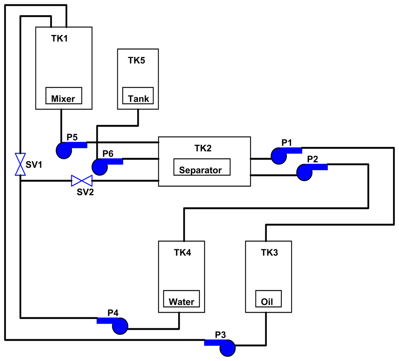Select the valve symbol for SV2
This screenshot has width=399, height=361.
coord(81,181)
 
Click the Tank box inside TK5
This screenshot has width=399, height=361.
coord(138,95)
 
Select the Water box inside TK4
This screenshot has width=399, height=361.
coord(181,299)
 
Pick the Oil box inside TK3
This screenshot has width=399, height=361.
coord(268,299)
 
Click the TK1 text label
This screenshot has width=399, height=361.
coord(59,39)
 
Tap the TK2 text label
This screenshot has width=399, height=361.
coord(203,148)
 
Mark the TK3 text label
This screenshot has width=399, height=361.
coord(270,253)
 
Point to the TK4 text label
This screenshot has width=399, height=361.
coord(182,253)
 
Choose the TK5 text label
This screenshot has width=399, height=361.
coord(137,60)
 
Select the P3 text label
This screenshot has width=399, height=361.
coord(221,335)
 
